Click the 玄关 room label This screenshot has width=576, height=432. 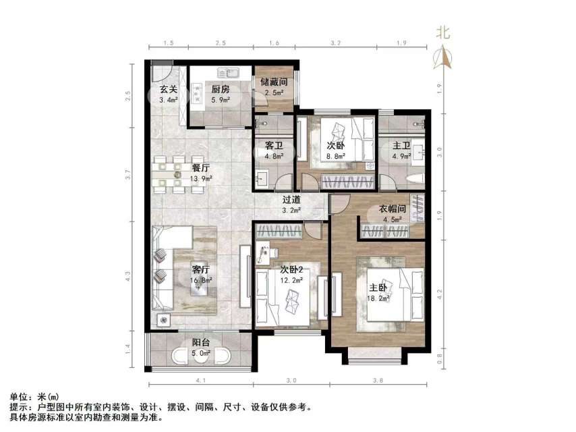tap(169, 89)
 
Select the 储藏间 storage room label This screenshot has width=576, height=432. tap(275, 82)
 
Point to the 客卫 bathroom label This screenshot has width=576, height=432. tap(274, 146)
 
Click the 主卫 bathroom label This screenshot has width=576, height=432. tap(402, 146)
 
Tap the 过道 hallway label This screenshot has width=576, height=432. tap(291, 199)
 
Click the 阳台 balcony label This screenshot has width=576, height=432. tap(200, 342)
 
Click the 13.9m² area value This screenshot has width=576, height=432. tap(202, 178)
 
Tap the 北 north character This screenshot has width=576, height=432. tap(443, 32)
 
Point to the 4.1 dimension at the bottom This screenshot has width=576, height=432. tap(200, 382)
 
